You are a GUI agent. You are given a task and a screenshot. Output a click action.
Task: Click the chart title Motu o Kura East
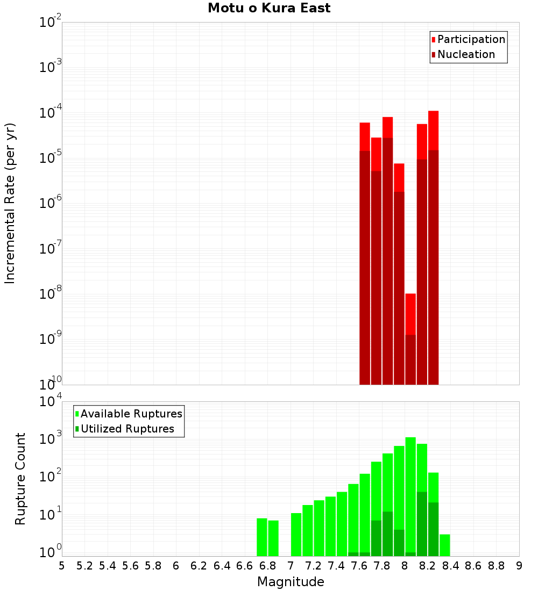click(x=269, y=8)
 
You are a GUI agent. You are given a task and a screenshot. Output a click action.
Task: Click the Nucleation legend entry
click(x=466, y=55)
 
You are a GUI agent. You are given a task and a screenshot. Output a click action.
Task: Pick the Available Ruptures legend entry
click(x=131, y=414)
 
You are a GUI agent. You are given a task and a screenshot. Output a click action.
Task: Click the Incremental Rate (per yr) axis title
click(x=10, y=203)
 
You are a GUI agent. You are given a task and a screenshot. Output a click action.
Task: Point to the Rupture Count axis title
click(x=20, y=479)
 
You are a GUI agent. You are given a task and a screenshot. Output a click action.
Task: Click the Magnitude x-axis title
click(x=291, y=582)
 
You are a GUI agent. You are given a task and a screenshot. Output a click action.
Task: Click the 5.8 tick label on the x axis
click(x=153, y=566)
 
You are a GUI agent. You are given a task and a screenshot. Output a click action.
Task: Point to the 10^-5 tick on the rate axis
click(x=50, y=158)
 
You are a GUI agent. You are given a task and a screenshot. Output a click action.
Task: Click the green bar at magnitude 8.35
click(x=445, y=545)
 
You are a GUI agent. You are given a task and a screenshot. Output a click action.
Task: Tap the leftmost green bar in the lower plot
click(x=262, y=537)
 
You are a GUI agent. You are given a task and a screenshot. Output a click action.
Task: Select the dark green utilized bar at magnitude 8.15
click(x=422, y=524)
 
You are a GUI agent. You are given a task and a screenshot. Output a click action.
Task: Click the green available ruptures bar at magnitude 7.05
click(x=296, y=535)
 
